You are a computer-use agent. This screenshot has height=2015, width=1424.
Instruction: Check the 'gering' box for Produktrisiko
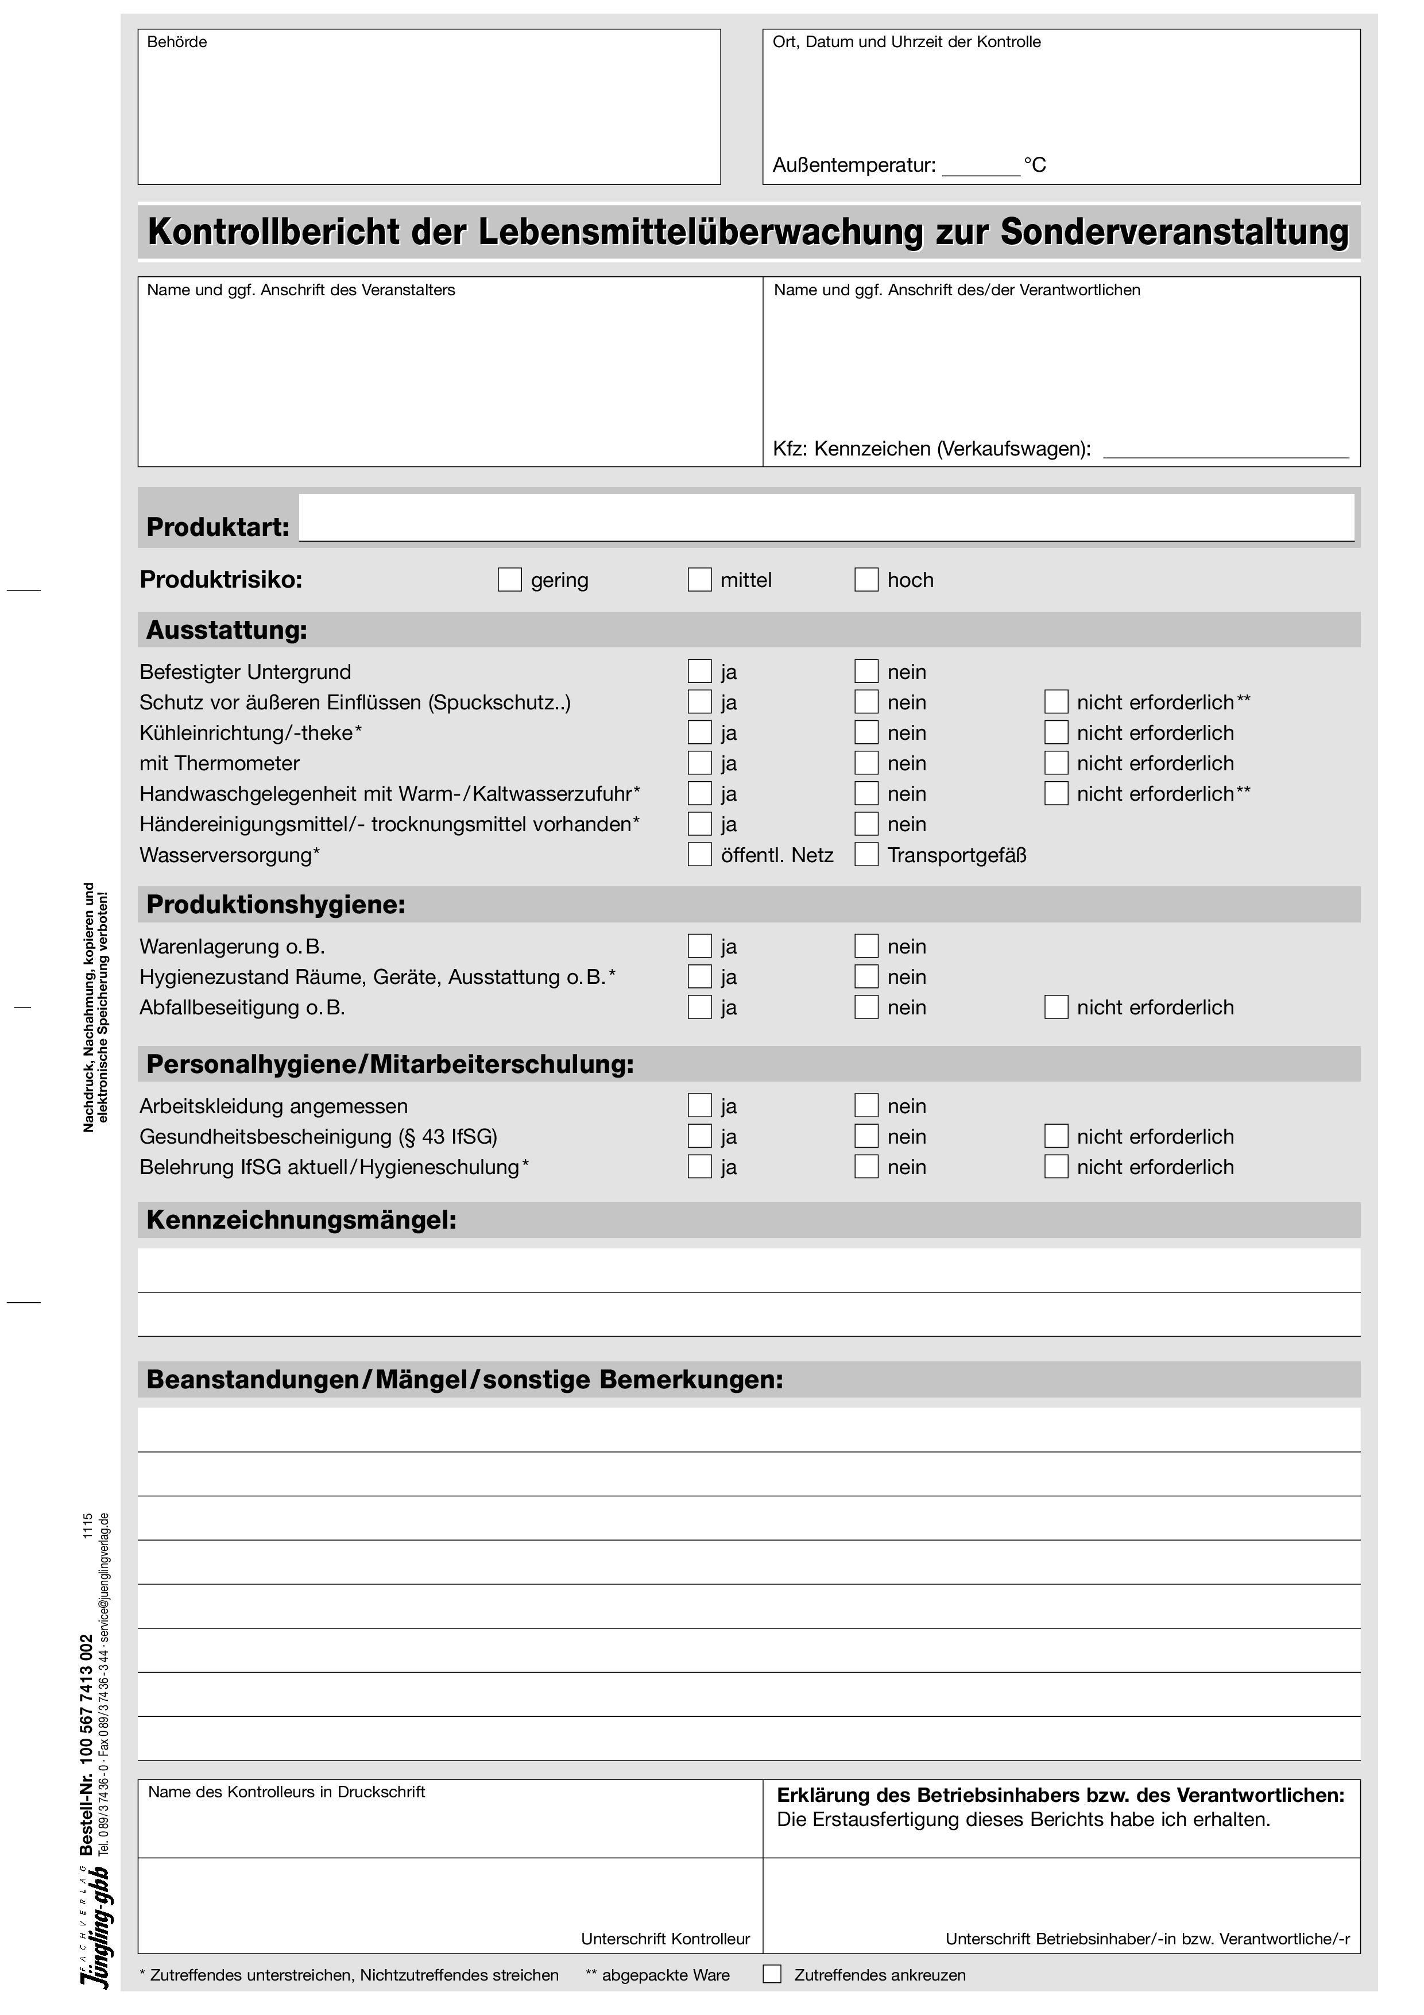click(x=510, y=580)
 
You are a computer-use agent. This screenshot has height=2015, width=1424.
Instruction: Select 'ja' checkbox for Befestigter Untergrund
click(x=699, y=671)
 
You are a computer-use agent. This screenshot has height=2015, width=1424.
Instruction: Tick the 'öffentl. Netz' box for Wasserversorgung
click(x=699, y=855)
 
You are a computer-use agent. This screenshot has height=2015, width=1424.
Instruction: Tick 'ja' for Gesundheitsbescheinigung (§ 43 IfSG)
click(x=699, y=1137)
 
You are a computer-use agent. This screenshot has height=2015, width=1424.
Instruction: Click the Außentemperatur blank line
click(x=980, y=168)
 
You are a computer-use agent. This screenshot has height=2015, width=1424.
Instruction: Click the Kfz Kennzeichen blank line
click(x=1225, y=451)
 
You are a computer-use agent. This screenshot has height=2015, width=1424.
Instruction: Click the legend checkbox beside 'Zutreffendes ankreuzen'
click(x=772, y=1975)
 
